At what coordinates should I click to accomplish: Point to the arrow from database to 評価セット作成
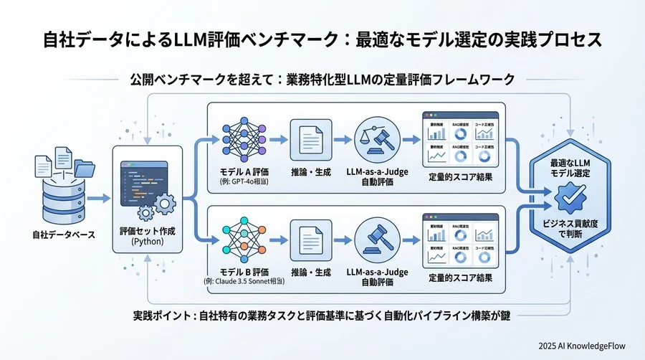click(97, 198)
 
